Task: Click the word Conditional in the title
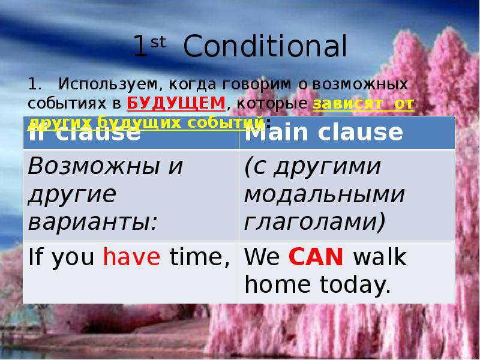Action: pyautogui.click(x=265, y=47)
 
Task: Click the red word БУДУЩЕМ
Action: pyautogui.click(x=176, y=104)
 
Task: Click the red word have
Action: pyautogui.click(x=132, y=258)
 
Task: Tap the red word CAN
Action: pyautogui.click(x=316, y=258)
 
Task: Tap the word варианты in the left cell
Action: pyautogui.click(x=92, y=223)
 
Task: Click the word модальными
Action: pyautogui.click(x=324, y=194)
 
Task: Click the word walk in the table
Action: pyautogui.click(x=380, y=258)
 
